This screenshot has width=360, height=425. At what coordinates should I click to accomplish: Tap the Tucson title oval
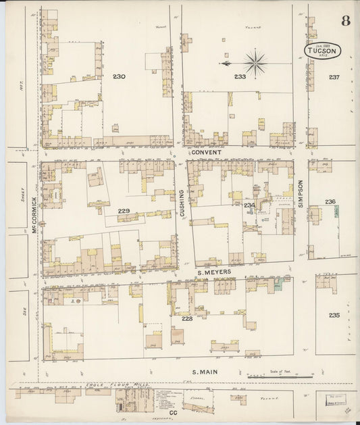pyautogui.click(x=322, y=51)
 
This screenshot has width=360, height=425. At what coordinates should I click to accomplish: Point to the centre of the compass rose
pyautogui.click(x=255, y=64)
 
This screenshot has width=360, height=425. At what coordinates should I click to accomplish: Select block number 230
pyautogui.click(x=119, y=76)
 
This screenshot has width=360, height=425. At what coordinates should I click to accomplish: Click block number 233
pyautogui.click(x=240, y=76)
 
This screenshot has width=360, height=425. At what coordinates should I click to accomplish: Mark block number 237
pyautogui.click(x=334, y=76)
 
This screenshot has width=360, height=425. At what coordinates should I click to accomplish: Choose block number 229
pyautogui.click(x=124, y=211)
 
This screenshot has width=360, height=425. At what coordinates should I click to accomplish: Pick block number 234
pyautogui.click(x=249, y=205)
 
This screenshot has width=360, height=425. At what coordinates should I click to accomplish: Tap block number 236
pyautogui.click(x=330, y=201)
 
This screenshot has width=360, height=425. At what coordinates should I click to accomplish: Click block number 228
pyautogui.click(x=187, y=318)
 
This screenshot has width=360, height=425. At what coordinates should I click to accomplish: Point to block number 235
pyautogui.click(x=334, y=315)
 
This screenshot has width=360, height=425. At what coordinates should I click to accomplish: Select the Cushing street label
pyautogui.click(x=182, y=202)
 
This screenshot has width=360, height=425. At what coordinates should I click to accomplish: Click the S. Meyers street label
pyautogui.click(x=214, y=272)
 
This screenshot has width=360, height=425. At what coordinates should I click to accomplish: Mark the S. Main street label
pyautogui.click(x=205, y=371)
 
